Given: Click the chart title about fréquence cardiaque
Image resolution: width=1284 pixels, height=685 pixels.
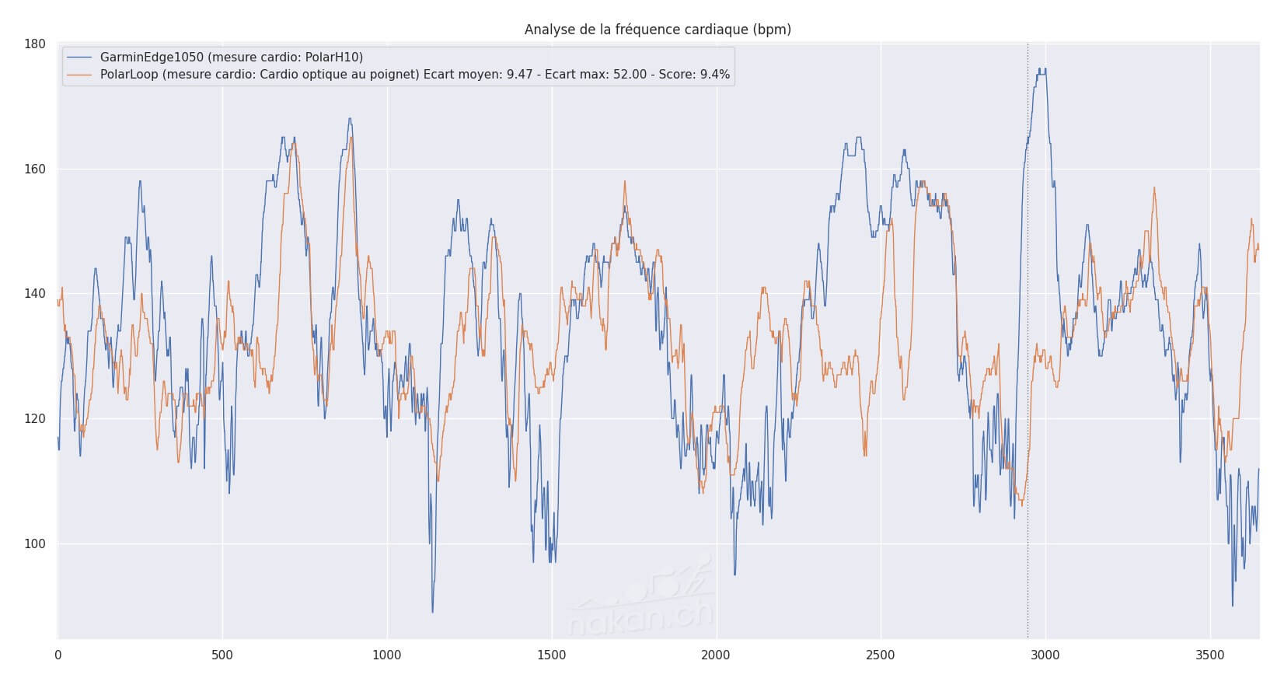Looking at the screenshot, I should coord(658,30).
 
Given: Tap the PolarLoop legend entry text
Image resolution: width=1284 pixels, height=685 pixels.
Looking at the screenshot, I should coord(414,75).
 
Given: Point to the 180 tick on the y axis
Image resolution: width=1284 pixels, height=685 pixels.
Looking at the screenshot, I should coord(35,44).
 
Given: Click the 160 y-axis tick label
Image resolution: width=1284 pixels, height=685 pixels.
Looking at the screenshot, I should coord(35,169).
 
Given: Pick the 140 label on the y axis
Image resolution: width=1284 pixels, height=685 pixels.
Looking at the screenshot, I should coord(35,294).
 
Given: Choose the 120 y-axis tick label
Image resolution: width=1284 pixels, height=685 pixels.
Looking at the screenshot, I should coord(35,419).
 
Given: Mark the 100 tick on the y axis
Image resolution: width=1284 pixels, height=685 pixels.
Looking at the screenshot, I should coord(35,544).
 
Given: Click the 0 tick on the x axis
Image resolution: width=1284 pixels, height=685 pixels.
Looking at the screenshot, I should coord(58,655).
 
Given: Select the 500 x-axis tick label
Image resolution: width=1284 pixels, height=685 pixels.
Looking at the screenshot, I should coord(222,655).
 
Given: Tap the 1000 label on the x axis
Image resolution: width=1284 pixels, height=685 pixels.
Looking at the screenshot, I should coord(386,655).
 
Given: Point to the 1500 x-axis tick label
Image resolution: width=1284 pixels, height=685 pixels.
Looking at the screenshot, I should coord(551,655).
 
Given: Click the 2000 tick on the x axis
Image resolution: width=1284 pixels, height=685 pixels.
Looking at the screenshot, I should coord(716,655).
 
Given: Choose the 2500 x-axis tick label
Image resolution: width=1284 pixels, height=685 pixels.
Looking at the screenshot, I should coord(881,655).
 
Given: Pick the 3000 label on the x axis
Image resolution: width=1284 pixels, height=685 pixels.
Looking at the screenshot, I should coord(1045,655).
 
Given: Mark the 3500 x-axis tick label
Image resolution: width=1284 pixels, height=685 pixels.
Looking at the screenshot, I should coord(1209,655).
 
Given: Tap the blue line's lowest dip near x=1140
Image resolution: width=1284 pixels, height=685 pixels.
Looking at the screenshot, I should coord(433,611).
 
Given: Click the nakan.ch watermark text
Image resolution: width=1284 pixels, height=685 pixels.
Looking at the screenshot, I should coord(640,618).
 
